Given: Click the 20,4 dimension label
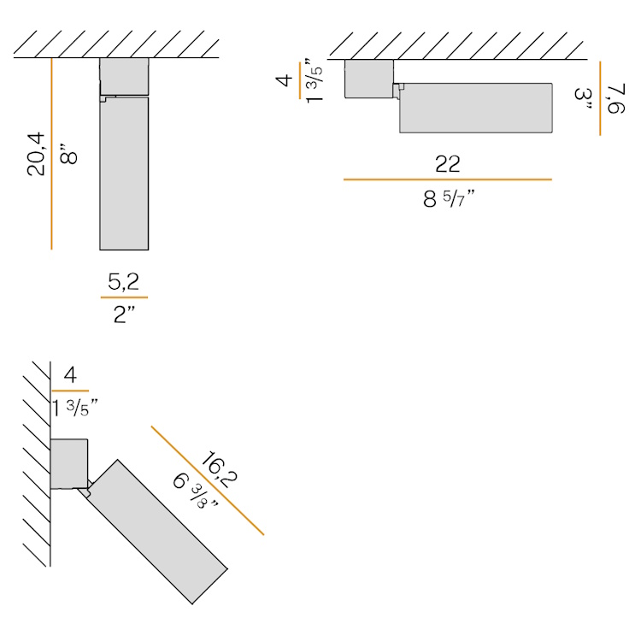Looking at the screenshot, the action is [36, 154].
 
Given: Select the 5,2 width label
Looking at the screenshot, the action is [123, 282].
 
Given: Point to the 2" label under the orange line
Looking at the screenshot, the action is [124, 315].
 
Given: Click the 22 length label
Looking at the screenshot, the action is [448, 164].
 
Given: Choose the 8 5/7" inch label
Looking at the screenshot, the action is [449, 199].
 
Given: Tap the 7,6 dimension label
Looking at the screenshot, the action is [616, 98].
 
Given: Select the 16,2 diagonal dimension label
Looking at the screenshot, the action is [220, 469].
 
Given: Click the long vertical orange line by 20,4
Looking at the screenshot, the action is [51, 154].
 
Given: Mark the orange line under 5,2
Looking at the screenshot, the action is [124, 297].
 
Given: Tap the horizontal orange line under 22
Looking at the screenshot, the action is [448, 179].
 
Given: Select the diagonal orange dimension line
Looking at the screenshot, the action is [208, 480].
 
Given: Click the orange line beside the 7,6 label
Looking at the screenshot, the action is [600, 98].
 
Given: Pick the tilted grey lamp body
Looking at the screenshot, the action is [158, 532].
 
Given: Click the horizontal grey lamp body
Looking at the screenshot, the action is [476, 108].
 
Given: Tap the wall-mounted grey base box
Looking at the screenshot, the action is [69, 463].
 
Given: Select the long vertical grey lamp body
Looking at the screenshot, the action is [124, 173].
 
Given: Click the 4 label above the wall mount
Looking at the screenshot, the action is [70, 375].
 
